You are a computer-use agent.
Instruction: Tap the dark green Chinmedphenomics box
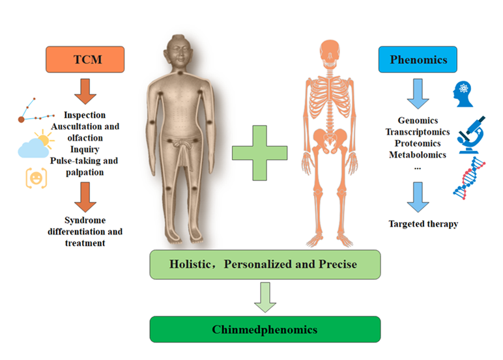pos(265,329)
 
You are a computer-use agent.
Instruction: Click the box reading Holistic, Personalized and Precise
pos(265,264)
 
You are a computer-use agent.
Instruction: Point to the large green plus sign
pos(259,154)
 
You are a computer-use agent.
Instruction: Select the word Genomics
pos(417,120)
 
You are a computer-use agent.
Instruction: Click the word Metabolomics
pos(417,154)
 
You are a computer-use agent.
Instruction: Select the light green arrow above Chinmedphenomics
pos(264,296)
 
